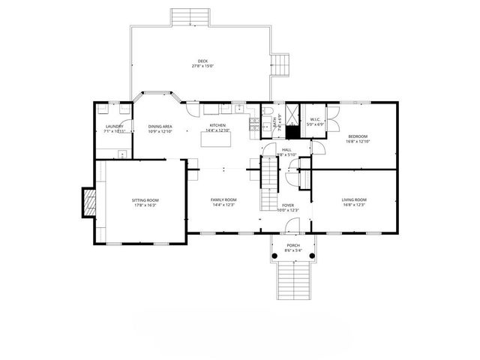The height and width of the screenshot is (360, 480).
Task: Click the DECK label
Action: point(202,61)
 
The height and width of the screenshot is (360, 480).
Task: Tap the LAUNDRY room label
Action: point(114,127)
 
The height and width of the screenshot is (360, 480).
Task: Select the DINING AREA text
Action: point(160,127)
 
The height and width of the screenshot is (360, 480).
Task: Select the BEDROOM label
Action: point(357,136)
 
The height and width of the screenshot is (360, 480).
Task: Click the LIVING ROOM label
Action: point(353,199)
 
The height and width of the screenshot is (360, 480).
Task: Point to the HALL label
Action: point(286,150)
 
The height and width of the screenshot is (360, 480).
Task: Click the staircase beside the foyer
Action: point(268,187)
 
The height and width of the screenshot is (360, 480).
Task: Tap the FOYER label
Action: point(288,205)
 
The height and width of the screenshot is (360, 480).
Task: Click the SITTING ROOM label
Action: point(145,200)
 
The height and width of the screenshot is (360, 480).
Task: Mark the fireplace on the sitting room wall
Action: point(88,202)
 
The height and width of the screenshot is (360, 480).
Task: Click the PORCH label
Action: point(293,245)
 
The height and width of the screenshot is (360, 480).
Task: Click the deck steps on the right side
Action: point(281,65)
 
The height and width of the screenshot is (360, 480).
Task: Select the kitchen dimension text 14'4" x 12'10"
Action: point(217,130)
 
